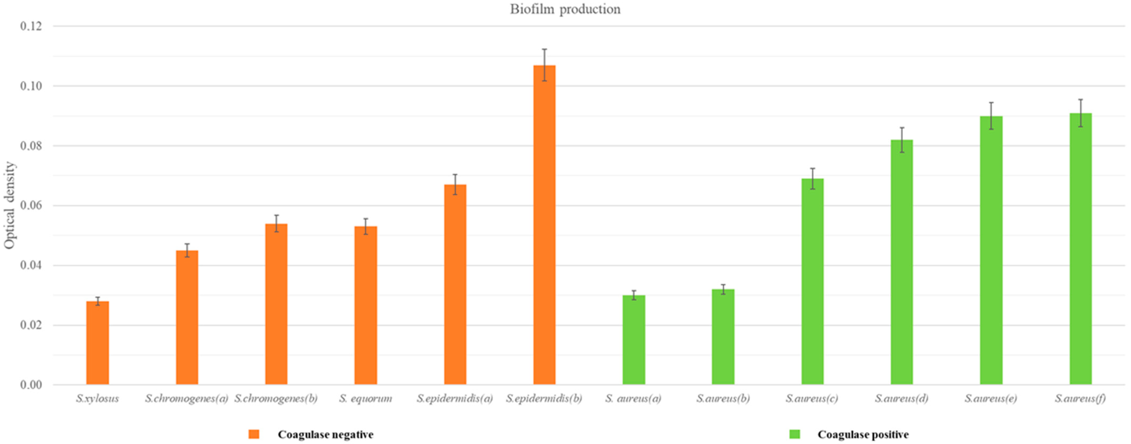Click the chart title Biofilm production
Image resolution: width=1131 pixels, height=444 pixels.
(565, 9)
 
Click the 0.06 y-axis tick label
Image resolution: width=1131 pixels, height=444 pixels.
(31, 206)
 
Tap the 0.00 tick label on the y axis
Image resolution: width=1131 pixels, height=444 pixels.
(31, 385)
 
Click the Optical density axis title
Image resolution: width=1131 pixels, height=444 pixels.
(10, 205)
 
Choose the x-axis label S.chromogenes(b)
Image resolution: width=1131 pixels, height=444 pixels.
(276, 398)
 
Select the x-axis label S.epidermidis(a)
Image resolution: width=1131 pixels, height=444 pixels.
(455, 398)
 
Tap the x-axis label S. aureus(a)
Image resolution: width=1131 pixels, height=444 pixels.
(633, 398)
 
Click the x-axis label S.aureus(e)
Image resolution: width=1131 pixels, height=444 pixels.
(991, 398)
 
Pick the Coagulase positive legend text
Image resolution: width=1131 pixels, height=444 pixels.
(863, 434)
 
